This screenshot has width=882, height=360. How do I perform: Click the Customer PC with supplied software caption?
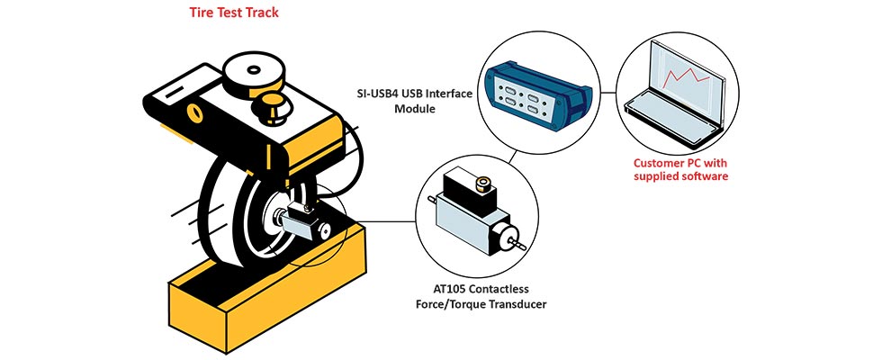point(680,169)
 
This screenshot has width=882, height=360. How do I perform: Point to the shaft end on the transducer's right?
point(518,240)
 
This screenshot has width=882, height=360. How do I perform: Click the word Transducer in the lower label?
point(515,304)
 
